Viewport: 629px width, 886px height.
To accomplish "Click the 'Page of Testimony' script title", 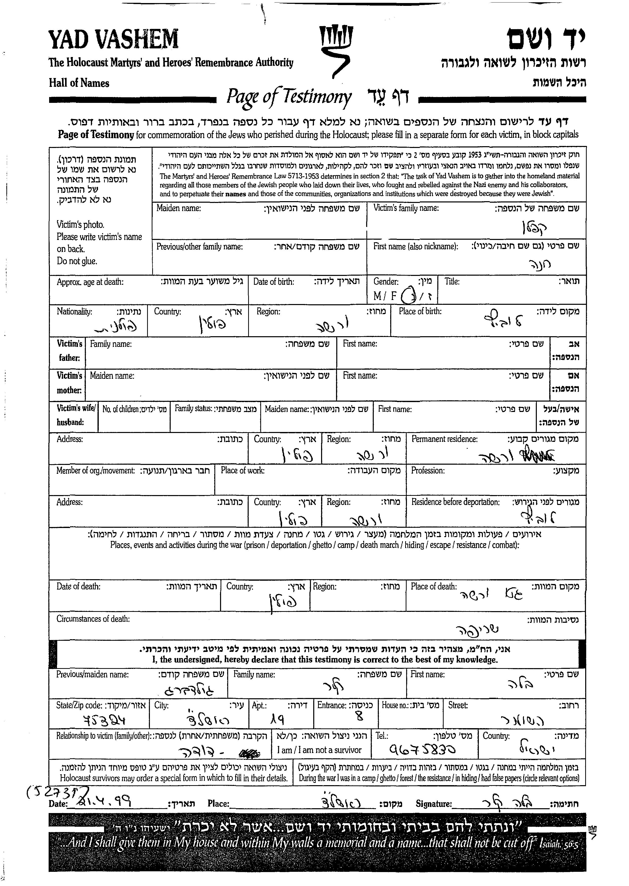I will pyautogui.click(x=289, y=97).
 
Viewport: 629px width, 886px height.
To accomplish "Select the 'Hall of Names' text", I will pyautogui.click(x=79, y=83).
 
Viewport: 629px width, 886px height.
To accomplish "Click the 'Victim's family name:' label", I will pyautogui.click(x=406, y=208).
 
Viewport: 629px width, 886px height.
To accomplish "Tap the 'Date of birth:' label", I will pyautogui.click(x=273, y=282).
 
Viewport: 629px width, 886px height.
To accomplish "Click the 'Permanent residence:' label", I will pyautogui.click(x=444, y=439).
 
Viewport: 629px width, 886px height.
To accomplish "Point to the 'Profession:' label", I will pyautogui.click(x=428, y=470).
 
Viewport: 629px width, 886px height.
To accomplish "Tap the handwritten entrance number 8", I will pyautogui.click(x=359, y=717).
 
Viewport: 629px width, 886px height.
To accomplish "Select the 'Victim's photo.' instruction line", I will pyautogui.click(x=80, y=225).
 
